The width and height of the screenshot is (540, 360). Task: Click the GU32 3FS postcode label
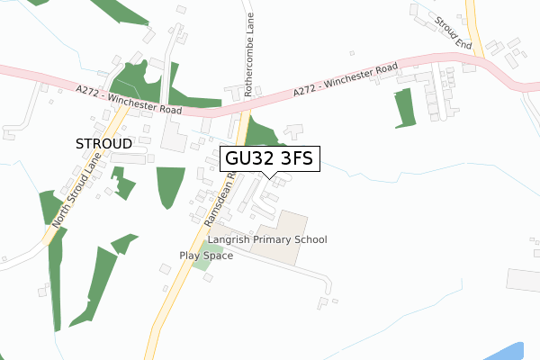[x=268, y=159]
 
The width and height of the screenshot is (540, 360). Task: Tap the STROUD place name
[x=103, y=143]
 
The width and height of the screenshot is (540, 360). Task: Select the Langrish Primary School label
[x=266, y=239]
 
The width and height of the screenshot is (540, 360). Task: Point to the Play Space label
[x=206, y=256]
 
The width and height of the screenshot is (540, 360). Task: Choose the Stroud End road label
[x=451, y=31]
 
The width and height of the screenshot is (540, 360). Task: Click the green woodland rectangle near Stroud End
[x=403, y=106]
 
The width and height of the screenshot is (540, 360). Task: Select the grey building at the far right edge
[x=524, y=279]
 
